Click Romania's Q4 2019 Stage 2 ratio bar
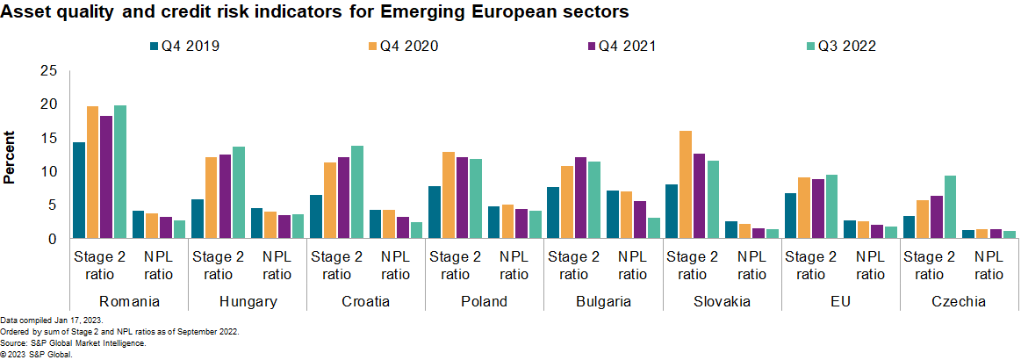[79, 190]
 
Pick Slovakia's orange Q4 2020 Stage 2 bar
[686, 184]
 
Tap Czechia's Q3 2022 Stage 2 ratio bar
[950, 207]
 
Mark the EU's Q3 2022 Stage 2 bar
[831, 206]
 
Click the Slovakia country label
[722, 301]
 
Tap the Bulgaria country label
[603, 301]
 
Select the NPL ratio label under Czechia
[989, 265]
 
